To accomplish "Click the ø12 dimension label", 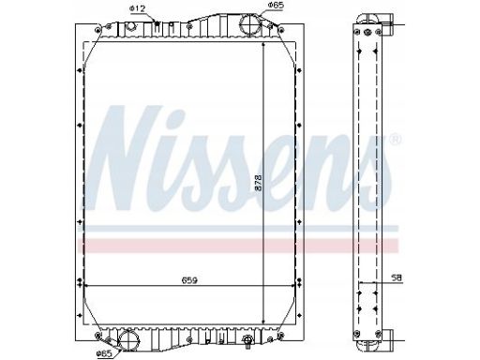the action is (137, 8).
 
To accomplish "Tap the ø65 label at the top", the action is (277, 5).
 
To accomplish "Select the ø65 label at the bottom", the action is (104, 353).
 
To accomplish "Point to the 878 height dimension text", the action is (259, 183).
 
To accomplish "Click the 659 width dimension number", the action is (189, 280).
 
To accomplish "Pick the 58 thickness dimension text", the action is (397, 277).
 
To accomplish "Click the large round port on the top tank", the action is (250, 25).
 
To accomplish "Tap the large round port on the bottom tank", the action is (128, 340).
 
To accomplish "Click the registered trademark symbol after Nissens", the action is (396, 139).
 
